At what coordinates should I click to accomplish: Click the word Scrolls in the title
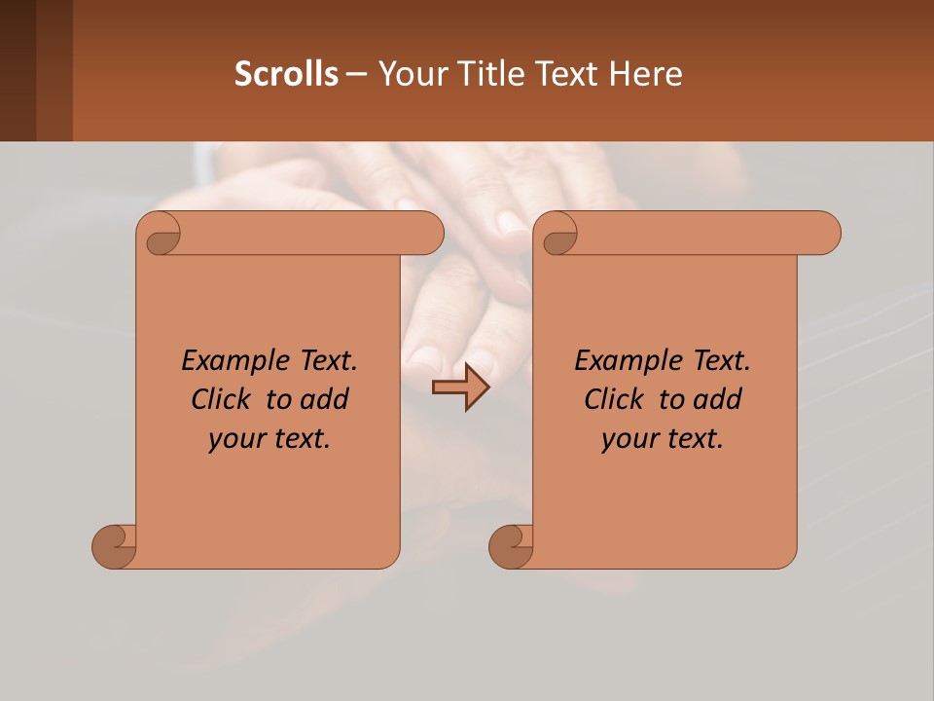pyautogui.click(x=286, y=74)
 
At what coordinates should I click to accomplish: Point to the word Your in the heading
pyautogui.click(x=412, y=74)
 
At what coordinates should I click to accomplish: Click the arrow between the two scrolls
pyautogui.click(x=460, y=387)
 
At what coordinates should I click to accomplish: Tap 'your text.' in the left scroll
pyautogui.click(x=269, y=438)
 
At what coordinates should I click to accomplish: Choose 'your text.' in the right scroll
pyautogui.click(x=663, y=438)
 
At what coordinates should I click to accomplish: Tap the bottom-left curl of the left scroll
pyautogui.click(x=115, y=546)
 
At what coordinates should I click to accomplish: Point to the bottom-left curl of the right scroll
pyautogui.click(x=511, y=546)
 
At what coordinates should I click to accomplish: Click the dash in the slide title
pyautogui.click(x=356, y=74)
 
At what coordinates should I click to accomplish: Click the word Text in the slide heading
pyautogui.click(x=565, y=74)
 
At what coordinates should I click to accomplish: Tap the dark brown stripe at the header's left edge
pyautogui.click(x=18, y=70)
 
